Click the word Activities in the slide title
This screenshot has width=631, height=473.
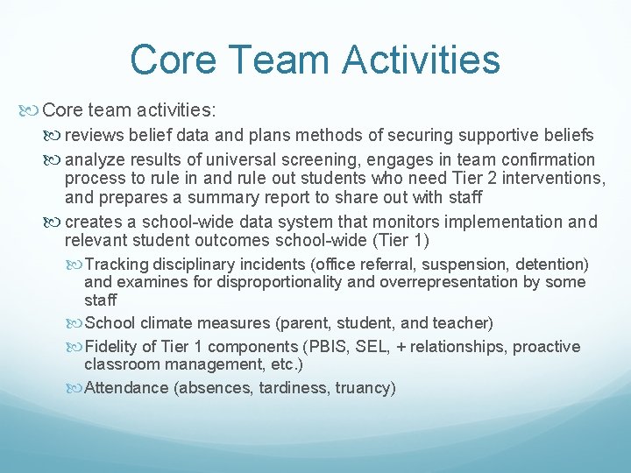(421, 60)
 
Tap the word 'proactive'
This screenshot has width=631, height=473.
(547, 347)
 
